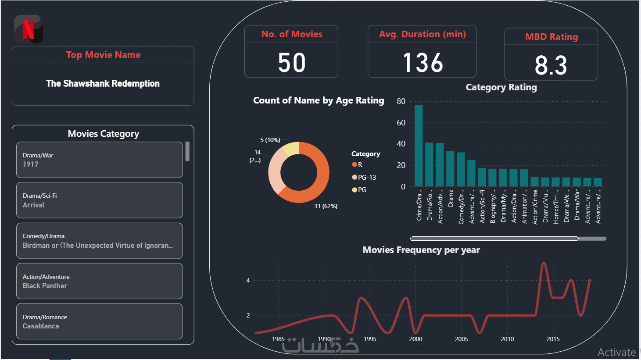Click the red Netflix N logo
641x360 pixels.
click(x=29, y=29)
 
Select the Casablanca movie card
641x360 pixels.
click(x=99, y=321)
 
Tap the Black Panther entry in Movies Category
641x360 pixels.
click(x=99, y=281)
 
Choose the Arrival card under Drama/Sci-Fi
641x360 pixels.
click(x=99, y=200)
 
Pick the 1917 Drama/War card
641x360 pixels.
click(x=99, y=160)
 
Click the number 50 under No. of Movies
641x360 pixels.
click(x=292, y=63)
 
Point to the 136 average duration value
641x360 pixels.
click(x=423, y=63)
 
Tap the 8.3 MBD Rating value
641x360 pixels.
click(x=551, y=65)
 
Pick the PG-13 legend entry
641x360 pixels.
click(x=367, y=177)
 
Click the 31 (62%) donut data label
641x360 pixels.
click(x=326, y=206)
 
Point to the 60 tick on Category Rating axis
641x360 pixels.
click(x=401, y=123)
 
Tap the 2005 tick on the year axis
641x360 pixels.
click(x=461, y=339)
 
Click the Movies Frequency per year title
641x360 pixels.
click(x=421, y=250)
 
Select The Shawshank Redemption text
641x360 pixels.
click(x=103, y=83)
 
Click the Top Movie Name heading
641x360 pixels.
click(x=103, y=55)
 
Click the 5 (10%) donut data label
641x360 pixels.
click(x=270, y=140)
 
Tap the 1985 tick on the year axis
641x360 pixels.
click(x=278, y=339)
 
